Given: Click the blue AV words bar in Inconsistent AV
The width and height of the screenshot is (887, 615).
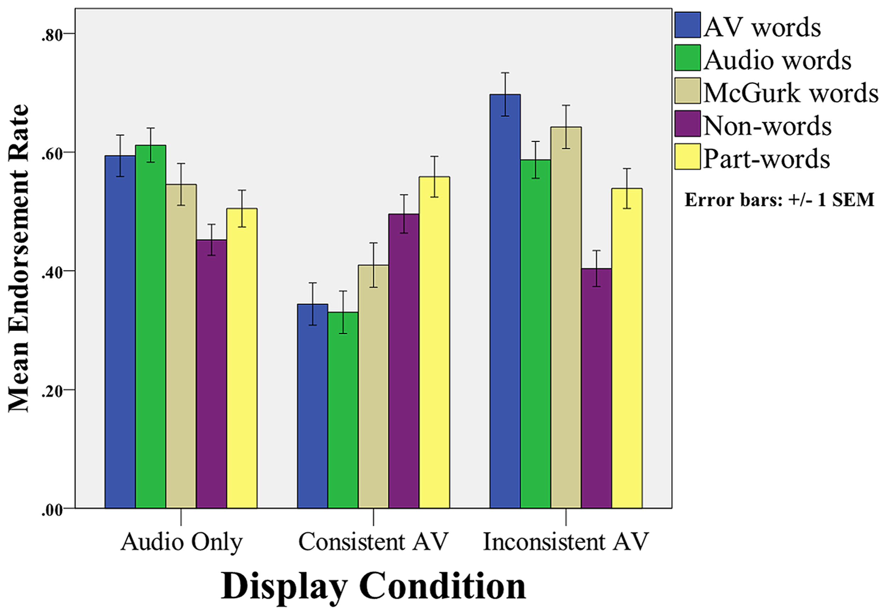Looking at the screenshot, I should pos(505,300).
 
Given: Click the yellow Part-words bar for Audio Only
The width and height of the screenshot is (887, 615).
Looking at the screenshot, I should pos(242,358).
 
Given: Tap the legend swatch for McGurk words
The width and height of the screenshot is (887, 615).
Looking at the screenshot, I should pos(687,91).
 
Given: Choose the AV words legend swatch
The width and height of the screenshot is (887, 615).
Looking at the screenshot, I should pos(687,25).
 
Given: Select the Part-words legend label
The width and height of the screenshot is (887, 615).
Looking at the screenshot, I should pos(766,159).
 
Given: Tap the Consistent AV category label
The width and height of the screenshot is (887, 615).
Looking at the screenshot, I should pos(373,542).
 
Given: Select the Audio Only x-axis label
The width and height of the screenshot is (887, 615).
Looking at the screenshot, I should pos(181,542).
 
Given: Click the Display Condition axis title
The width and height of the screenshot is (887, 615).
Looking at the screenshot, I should pos(373,586).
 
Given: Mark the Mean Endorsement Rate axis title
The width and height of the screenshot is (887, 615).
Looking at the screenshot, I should pos(18,258).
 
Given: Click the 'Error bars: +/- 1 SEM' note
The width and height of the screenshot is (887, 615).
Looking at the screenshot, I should pos(779,200).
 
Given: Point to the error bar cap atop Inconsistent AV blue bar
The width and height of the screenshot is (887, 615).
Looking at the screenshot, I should pos(505,73).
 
